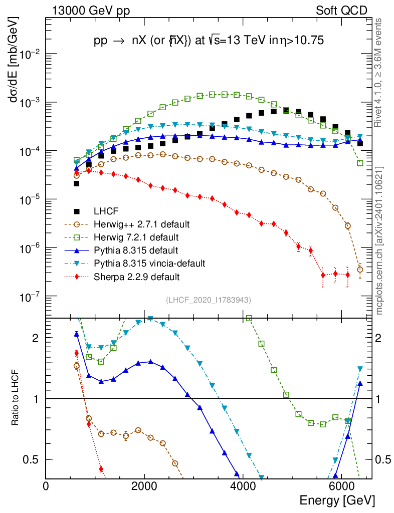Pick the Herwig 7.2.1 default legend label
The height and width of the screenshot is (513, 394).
tap(137, 236)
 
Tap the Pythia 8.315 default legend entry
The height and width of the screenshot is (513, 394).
tap(137, 249)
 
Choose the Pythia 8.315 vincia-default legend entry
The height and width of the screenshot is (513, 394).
tap(149, 263)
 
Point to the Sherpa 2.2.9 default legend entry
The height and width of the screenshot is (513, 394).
tap(137, 276)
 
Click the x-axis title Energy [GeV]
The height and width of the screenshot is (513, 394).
tap(336, 500)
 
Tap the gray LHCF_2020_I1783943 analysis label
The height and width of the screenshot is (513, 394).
tap(209, 300)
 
